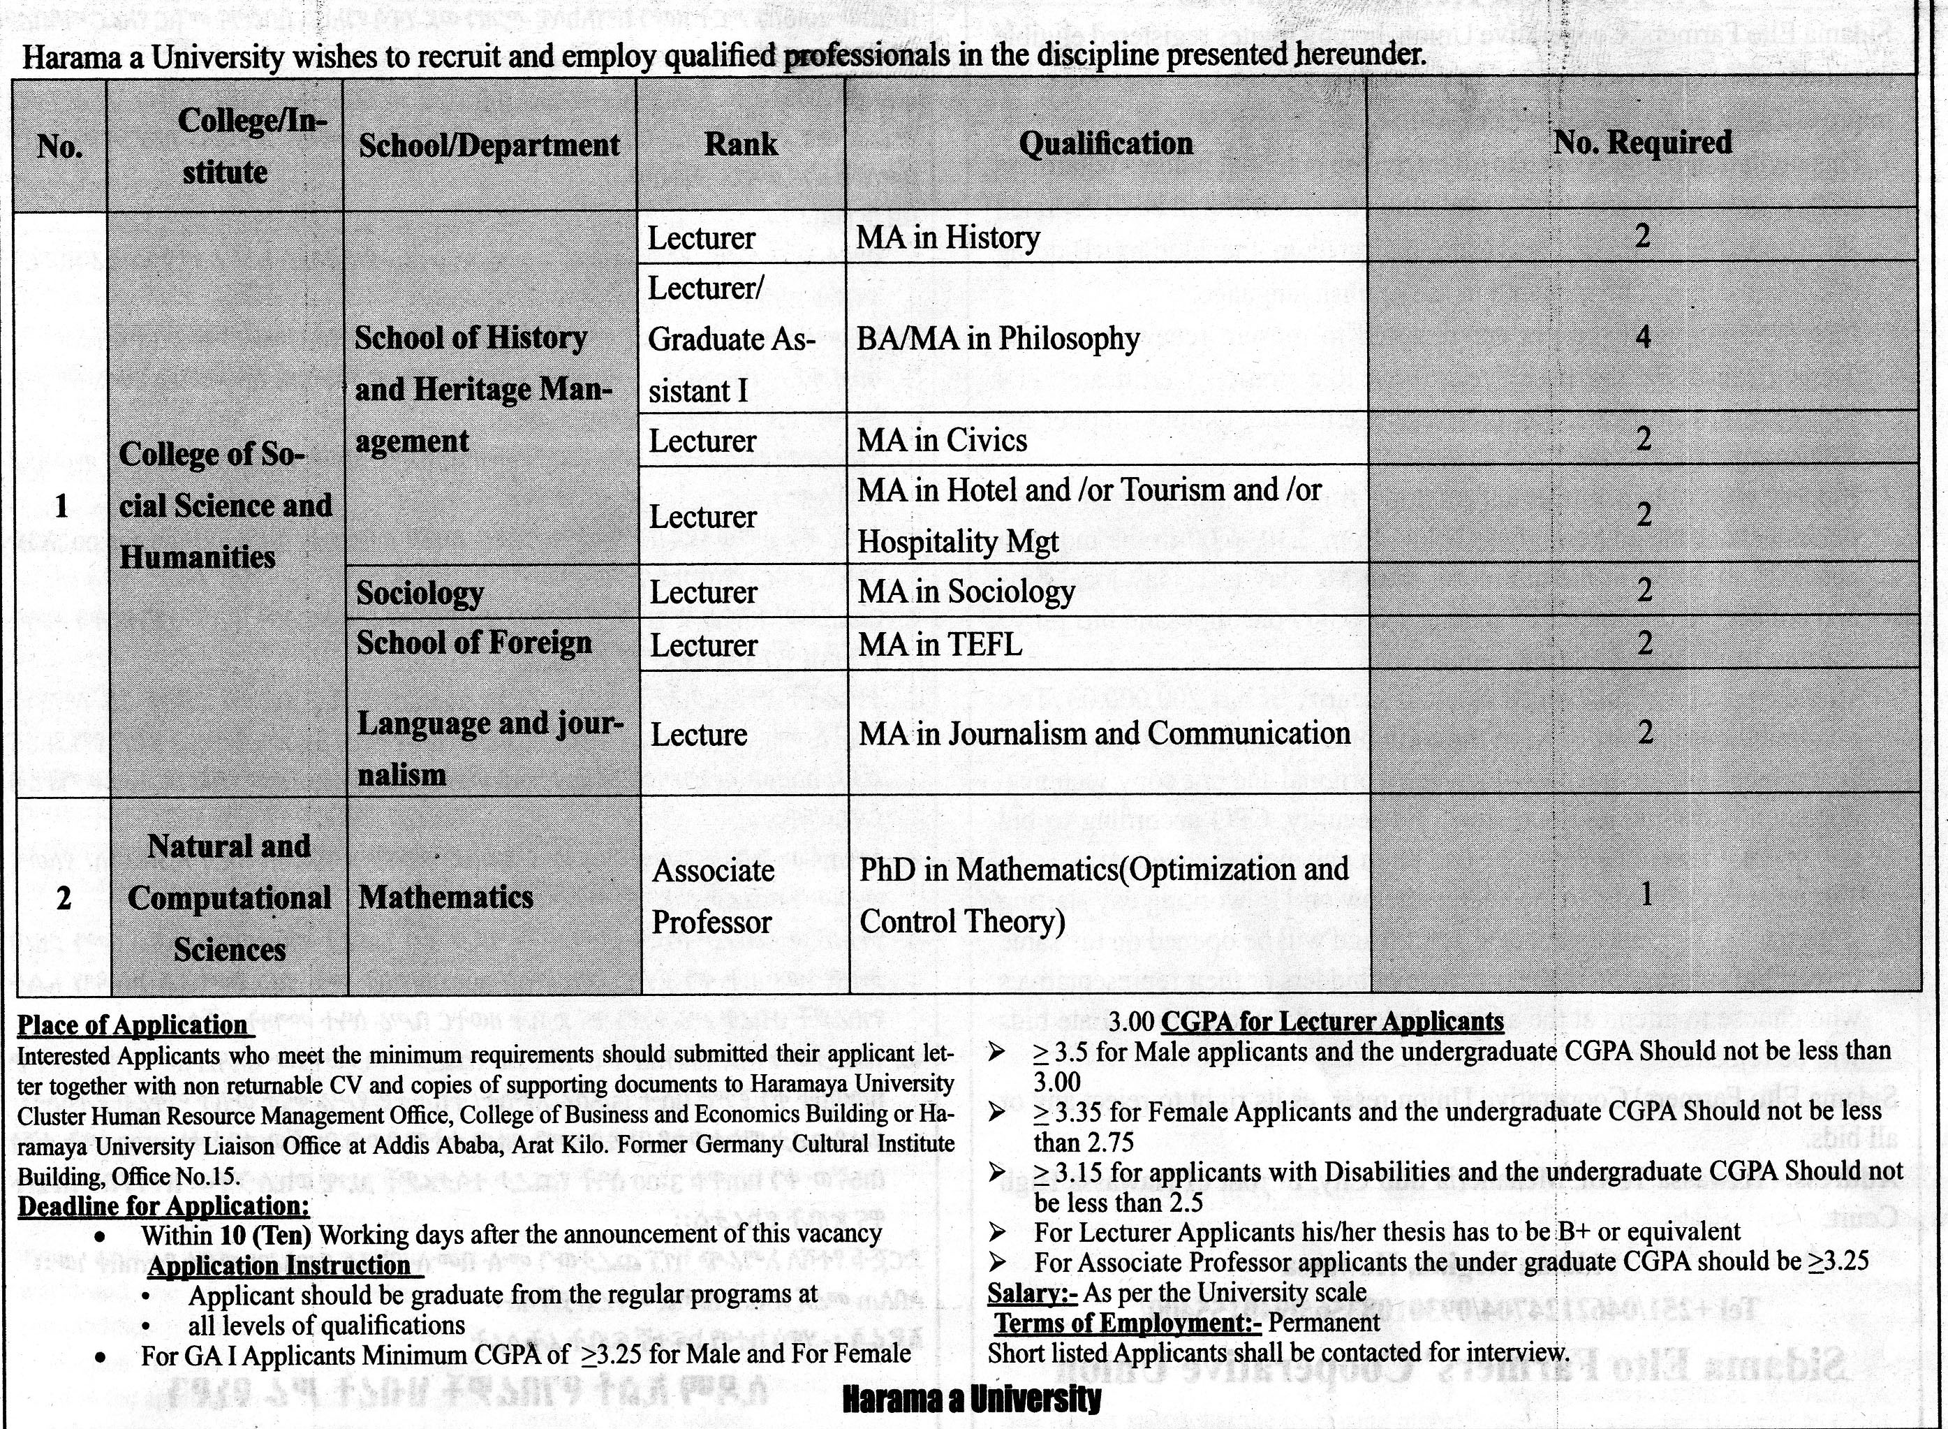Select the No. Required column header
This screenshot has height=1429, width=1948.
tap(1642, 142)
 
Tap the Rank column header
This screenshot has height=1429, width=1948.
tap(740, 145)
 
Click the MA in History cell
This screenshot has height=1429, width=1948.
tap(948, 237)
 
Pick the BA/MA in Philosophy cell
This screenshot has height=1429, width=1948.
tap(998, 338)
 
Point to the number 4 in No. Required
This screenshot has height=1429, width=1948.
tap(1643, 337)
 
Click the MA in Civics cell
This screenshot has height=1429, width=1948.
tap(942, 440)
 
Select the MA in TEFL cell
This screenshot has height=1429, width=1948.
tap(940, 645)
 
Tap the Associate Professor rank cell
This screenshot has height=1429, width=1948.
tap(712, 895)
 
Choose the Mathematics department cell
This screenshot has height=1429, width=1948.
tap(446, 897)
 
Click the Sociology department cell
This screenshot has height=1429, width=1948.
tap(420, 592)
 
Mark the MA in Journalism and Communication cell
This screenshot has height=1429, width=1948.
tap(1104, 733)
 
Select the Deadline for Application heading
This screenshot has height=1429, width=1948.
tap(163, 1206)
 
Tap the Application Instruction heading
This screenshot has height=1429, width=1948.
tap(279, 1266)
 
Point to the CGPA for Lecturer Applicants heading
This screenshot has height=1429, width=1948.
tap(1331, 1022)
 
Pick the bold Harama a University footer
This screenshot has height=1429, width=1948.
tap(971, 1399)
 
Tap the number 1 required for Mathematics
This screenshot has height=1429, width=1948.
tap(1646, 895)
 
